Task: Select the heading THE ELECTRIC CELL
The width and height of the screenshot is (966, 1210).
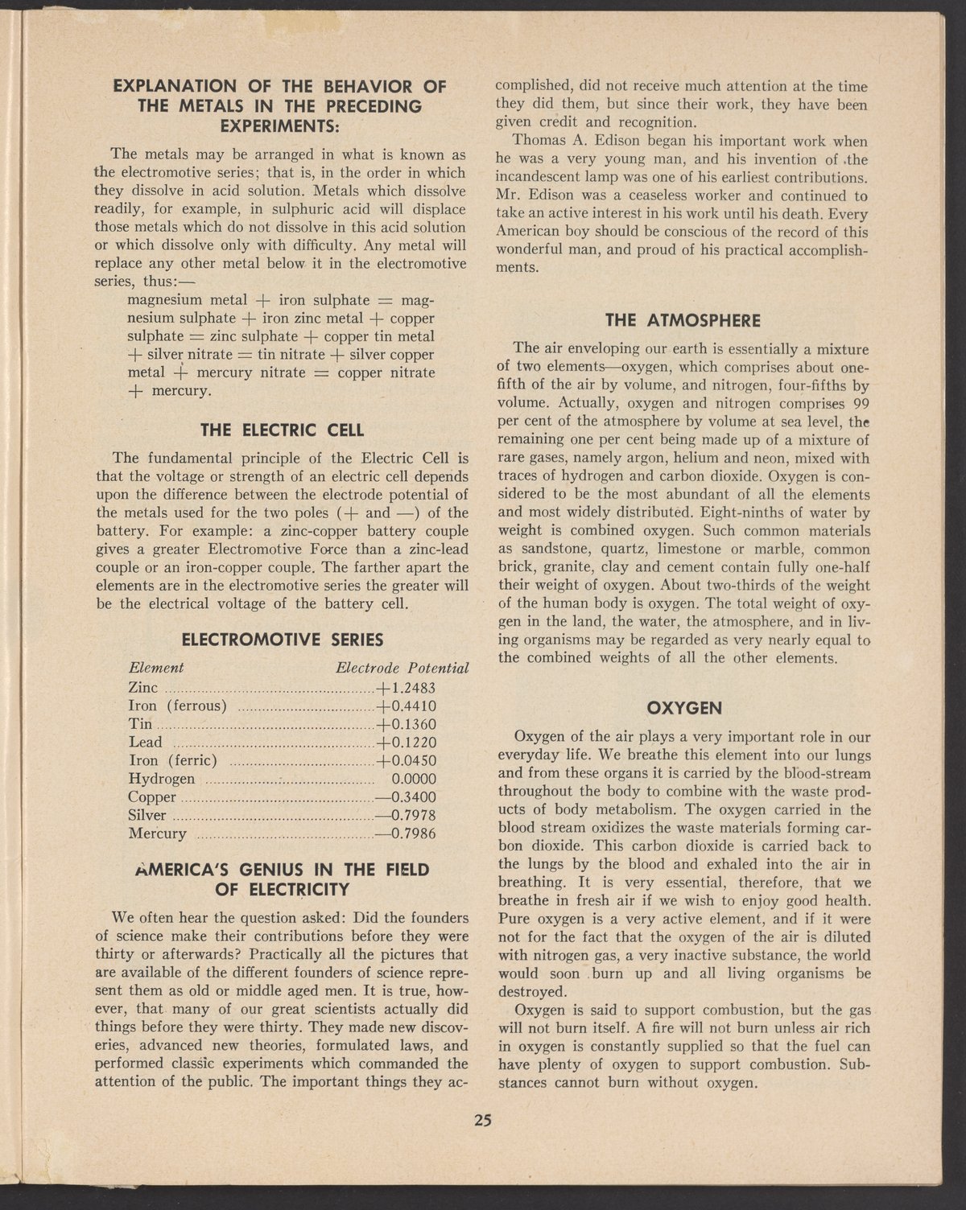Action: [281, 429]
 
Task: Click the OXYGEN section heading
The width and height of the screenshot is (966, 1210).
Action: [683, 709]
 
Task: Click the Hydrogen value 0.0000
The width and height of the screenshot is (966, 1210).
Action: [413, 779]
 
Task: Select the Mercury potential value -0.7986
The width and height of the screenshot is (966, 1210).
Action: [406, 833]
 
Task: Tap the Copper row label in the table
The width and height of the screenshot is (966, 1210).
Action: [152, 797]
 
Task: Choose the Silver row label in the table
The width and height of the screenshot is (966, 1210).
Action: [147, 815]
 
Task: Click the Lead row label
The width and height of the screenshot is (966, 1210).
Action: [146, 742]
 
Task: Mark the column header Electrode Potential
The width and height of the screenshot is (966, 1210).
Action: [402, 669]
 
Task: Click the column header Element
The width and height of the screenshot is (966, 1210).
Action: [157, 668]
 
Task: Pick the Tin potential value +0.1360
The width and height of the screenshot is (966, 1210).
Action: [406, 724]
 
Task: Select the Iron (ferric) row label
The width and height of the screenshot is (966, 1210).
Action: [174, 760]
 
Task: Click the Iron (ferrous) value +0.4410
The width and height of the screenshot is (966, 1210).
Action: [406, 706]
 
